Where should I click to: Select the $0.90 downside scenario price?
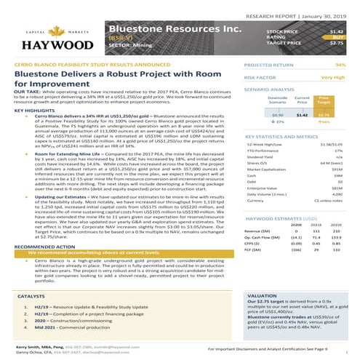[x=277, y=114]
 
